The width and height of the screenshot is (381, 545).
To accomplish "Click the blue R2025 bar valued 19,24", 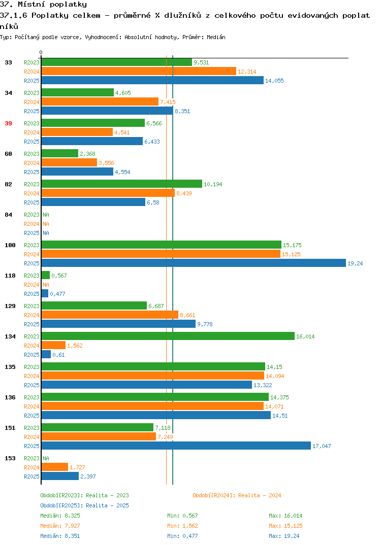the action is coord(194,263).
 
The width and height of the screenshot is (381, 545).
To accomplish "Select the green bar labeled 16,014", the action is coord(168,336).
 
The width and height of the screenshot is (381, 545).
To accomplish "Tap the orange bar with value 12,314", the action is coord(139,71).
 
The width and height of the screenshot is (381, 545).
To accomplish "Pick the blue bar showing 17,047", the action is coord(176,446).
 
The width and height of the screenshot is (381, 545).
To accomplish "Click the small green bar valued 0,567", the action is coord(46,275).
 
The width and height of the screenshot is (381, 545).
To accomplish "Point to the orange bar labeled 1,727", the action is coord(55,467).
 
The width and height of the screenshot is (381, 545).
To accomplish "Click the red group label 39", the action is coord(8,123).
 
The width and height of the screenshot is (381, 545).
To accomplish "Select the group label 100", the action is coord(10,245).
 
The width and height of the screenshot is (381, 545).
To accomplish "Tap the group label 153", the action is coord(10,458).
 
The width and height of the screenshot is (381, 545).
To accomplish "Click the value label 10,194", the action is coord(213,184).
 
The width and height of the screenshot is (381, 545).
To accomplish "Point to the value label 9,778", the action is coord(205,324).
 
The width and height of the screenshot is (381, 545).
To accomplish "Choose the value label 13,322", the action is coord(263,385).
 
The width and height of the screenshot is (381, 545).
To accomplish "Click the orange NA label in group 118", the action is coord(46,285).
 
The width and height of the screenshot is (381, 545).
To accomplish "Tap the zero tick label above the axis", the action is coord(41,52).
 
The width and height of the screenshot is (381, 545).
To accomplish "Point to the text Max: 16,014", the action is coord(285,516).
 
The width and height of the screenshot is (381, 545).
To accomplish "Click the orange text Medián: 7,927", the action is coord(60,526).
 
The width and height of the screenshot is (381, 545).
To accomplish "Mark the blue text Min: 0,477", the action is coord(182,536).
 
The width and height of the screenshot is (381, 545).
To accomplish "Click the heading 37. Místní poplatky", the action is coord(44,5).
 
